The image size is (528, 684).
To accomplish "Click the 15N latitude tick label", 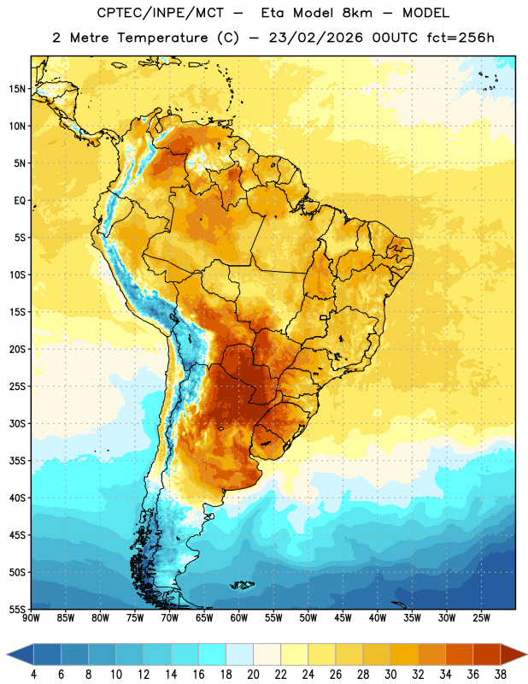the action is point(17,89).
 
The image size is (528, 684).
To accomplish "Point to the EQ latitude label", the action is point(20,201).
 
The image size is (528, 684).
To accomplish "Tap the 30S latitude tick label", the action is point(17,423).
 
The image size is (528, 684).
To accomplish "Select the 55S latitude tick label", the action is point(17,610).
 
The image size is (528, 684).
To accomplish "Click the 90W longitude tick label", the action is point(31,618).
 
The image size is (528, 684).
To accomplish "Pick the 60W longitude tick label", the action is point(239,618).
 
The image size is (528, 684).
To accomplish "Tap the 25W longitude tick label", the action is point(481,618).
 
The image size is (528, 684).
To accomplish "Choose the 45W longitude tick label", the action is point(343,618).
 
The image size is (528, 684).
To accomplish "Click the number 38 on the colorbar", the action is point(501,675).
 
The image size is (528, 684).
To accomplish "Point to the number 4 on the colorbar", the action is point(33,675).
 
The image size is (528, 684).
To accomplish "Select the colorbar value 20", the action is point(253,675).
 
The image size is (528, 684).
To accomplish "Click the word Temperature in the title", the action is point(162,38).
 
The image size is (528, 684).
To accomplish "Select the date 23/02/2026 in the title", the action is point(315,38).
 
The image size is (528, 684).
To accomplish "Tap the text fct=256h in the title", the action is point(461,38).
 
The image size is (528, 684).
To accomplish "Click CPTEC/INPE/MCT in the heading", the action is point(160,13).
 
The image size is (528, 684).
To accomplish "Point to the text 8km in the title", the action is point(357,13).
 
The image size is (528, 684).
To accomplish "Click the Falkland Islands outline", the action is point(242,585).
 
